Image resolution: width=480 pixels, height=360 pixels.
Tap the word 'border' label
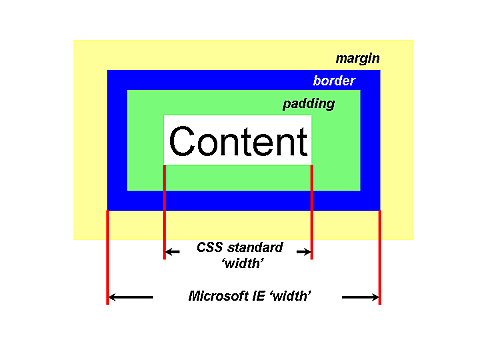(x=335, y=80)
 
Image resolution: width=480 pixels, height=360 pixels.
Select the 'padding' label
(x=309, y=103)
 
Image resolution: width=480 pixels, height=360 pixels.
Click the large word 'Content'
(x=238, y=141)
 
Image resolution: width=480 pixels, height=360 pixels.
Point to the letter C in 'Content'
(x=183, y=141)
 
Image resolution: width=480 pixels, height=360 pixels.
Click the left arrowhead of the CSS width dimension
(x=170, y=252)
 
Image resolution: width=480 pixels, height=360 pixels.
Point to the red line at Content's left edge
(x=164, y=210)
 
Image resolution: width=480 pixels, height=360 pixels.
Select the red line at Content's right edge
(x=312, y=210)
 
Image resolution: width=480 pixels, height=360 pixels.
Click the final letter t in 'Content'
(x=301, y=141)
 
